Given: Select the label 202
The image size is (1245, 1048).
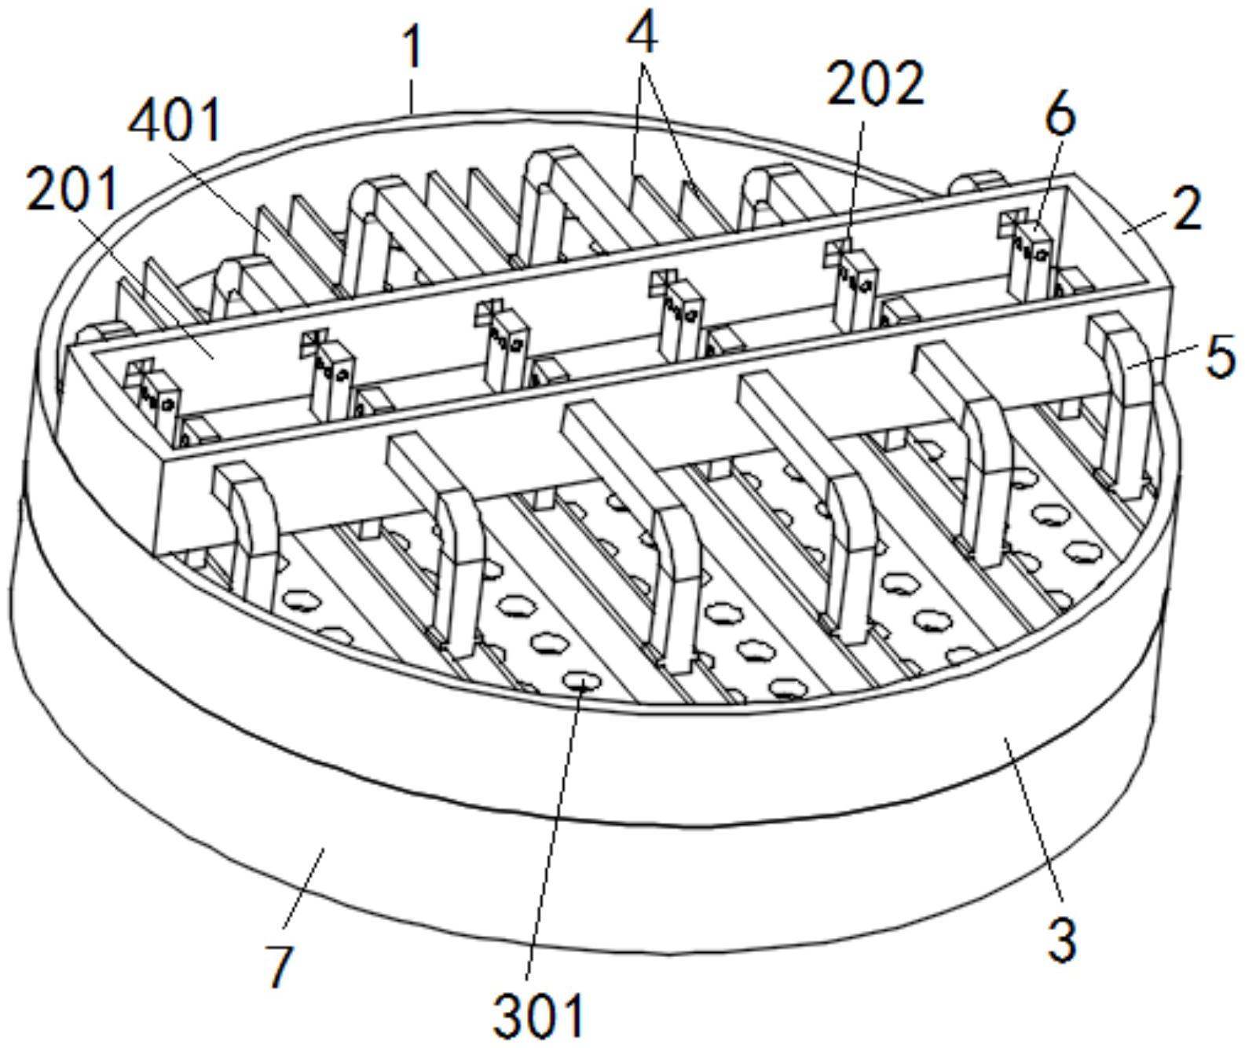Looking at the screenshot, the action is pyautogui.click(x=875, y=82).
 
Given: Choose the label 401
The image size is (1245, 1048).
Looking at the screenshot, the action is pyautogui.click(x=175, y=122).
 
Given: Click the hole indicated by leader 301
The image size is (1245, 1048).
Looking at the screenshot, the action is pyautogui.click(x=581, y=681).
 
